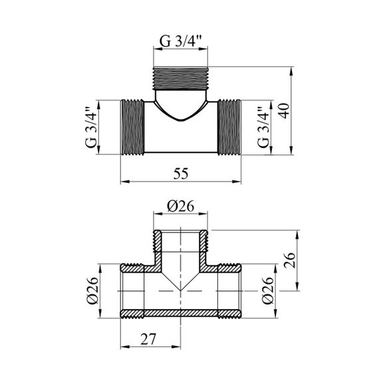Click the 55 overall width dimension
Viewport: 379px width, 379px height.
(181, 174)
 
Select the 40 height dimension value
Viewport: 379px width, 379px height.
(285, 110)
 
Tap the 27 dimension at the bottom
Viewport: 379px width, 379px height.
(148, 339)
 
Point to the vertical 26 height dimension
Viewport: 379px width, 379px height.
(289, 260)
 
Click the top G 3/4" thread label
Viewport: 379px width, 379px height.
(181, 42)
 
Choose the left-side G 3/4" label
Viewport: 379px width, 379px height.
(92, 127)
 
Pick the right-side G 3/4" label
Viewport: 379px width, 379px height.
(264, 127)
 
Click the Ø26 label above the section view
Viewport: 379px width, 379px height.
(181, 206)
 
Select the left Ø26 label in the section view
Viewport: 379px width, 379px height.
(92, 291)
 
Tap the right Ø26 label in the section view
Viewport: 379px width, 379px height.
(267, 291)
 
